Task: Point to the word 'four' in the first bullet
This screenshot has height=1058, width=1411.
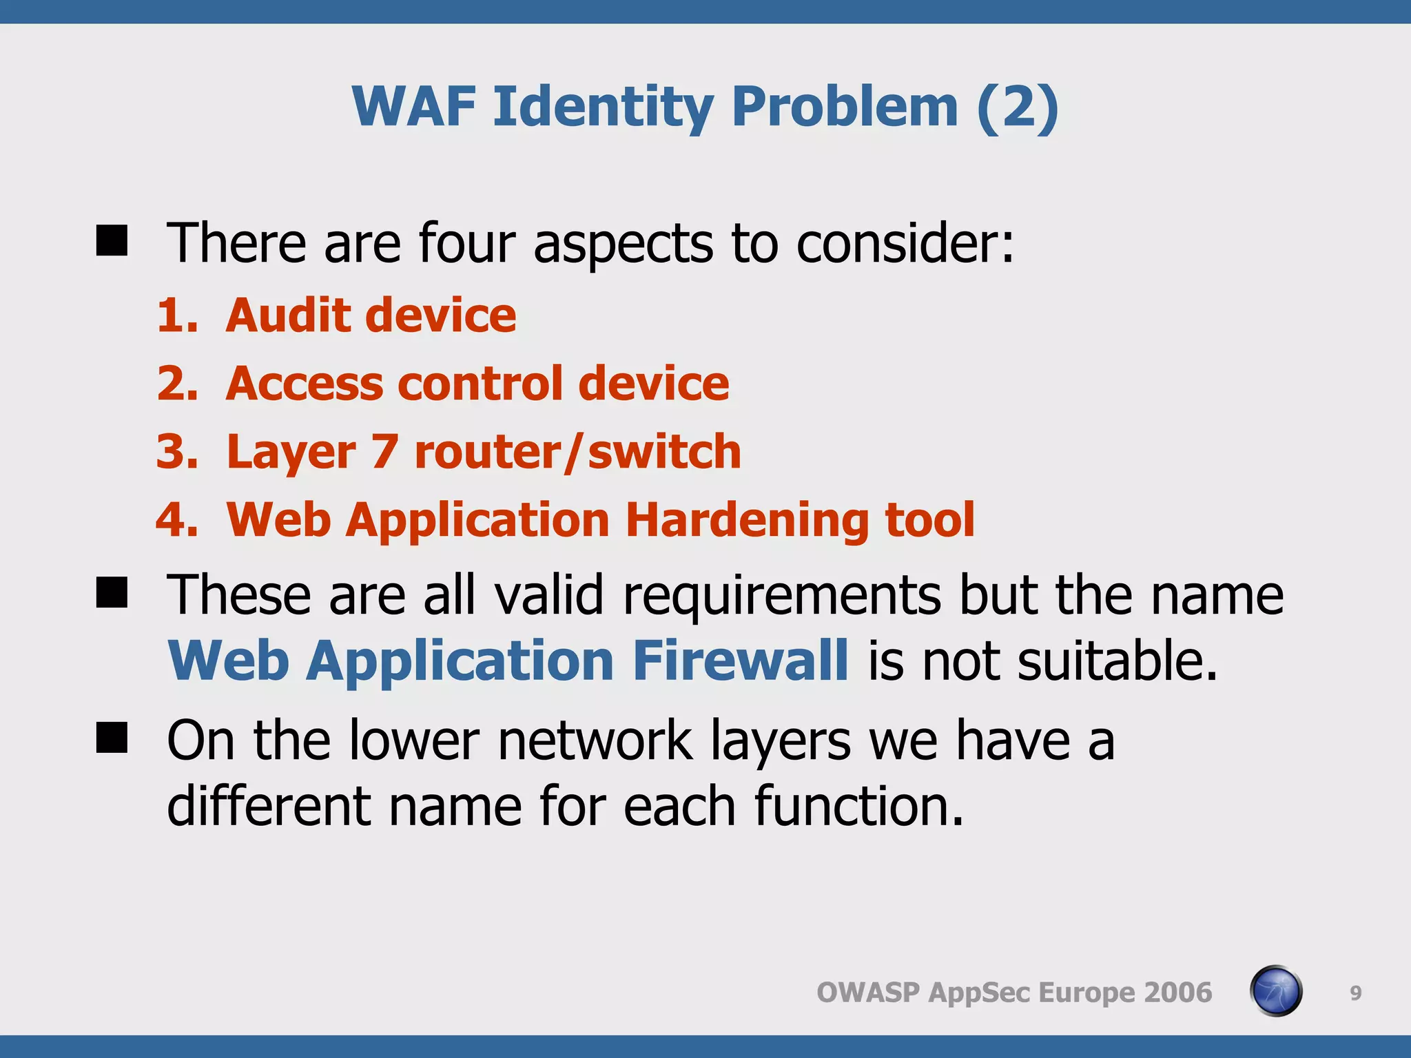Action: pyautogui.click(x=466, y=243)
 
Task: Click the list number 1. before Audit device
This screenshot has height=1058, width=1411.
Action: pyautogui.click(x=177, y=315)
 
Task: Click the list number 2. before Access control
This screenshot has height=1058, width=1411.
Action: pyautogui.click(x=177, y=383)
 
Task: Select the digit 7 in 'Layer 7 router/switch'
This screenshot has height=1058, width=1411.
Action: pyautogui.click(x=384, y=452)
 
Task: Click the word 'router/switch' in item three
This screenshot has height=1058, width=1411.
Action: pyautogui.click(x=577, y=452)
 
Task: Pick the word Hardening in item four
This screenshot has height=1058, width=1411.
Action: pyautogui.click(x=745, y=519)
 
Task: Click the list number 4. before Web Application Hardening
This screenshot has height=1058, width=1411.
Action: pyautogui.click(x=177, y=519)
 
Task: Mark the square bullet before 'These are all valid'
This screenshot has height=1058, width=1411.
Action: pyautogui.click(x=112, y=593)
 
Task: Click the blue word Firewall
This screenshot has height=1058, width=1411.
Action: pyautogui.click(x=741, y=661)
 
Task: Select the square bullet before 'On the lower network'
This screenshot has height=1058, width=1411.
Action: pyautogui.click(x=112, y=738)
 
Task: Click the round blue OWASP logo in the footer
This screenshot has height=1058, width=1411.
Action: pyautogui.click(x=1275, y=991)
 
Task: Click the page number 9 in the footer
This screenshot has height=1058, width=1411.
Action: pyautogui.click(x=1355, y=993)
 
